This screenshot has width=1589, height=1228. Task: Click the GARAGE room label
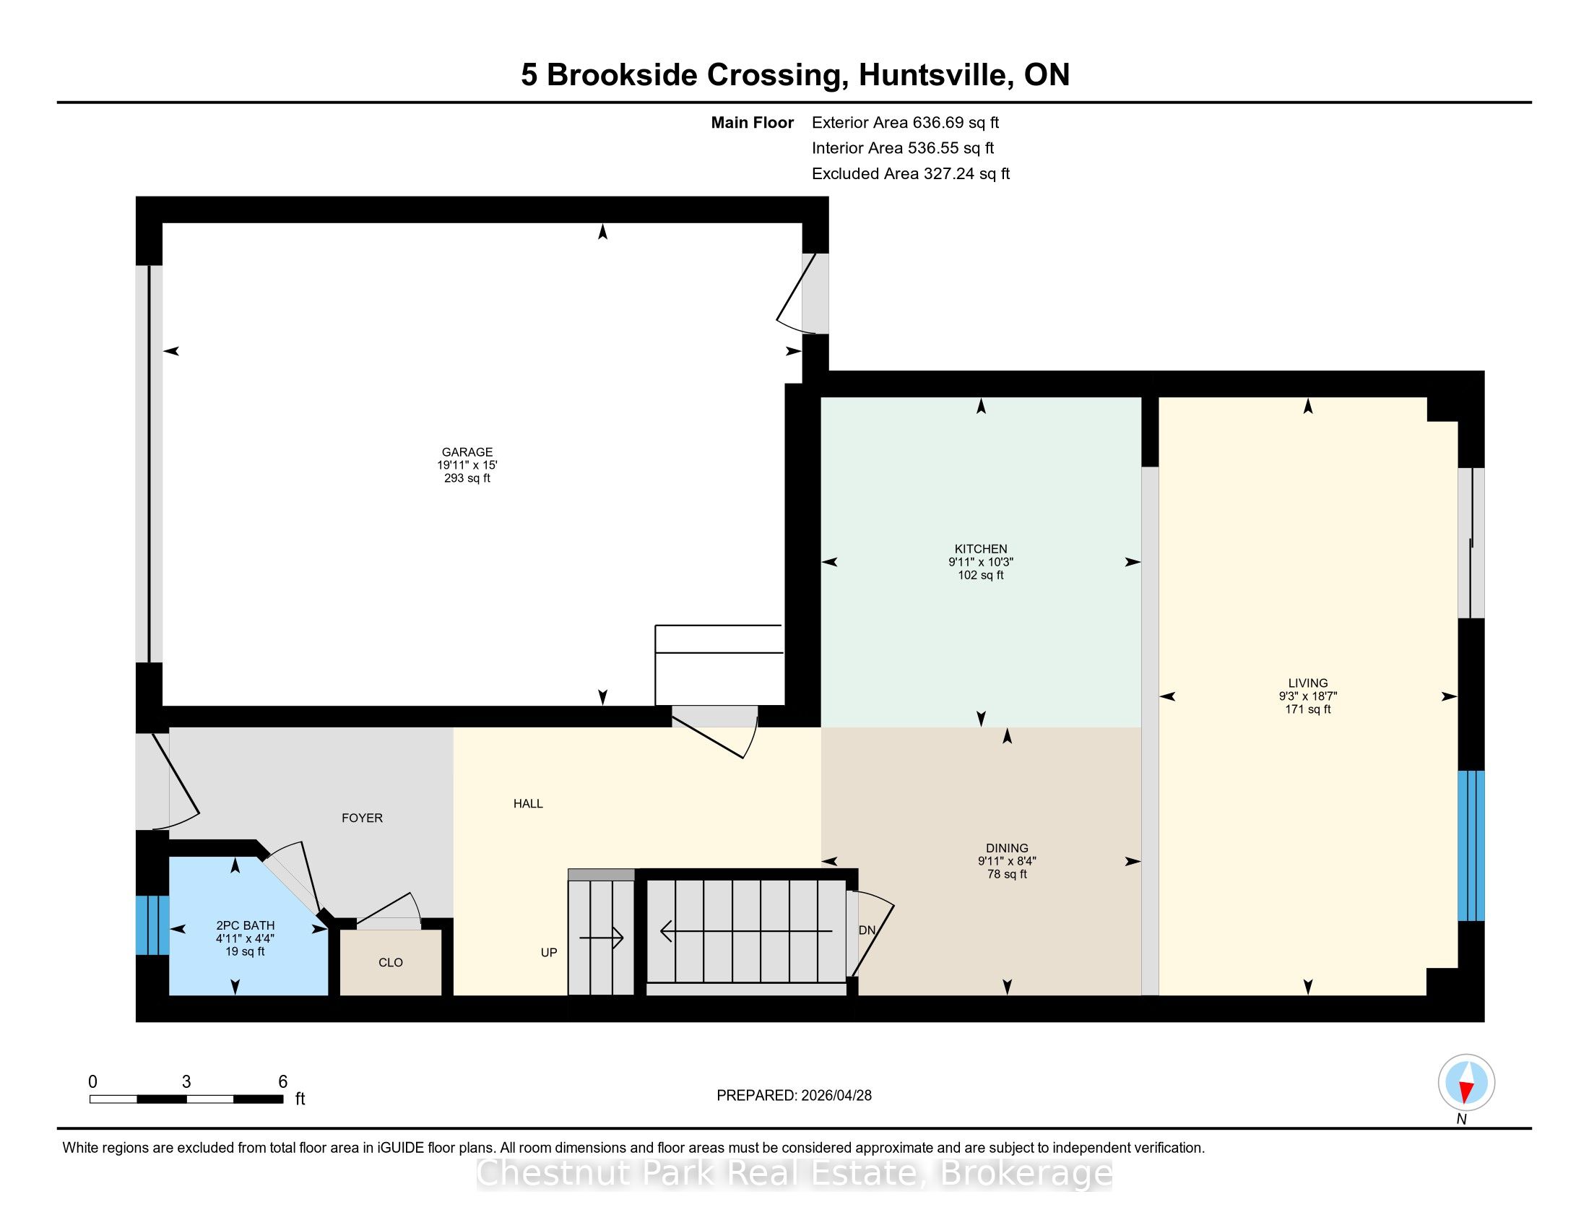pos(467,451)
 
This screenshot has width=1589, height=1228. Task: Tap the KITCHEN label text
pos(981,549)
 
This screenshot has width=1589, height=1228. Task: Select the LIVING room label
pos(1307,683)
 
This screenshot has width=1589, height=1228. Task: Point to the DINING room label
pos(1007,848)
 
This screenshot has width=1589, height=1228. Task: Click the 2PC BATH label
pos(245,925)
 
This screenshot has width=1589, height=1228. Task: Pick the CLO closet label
pos(391,962)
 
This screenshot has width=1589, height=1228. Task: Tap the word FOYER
pos(363,818)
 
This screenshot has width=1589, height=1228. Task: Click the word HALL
pos(528,803)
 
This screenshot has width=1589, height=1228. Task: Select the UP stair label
pos(549,952)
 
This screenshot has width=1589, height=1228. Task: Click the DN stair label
pos(867,930)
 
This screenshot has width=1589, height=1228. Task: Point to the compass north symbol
pos(1466,1083)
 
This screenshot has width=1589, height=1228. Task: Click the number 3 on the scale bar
pos(186,1082)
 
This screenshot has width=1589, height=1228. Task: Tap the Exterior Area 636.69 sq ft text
pos(906,122)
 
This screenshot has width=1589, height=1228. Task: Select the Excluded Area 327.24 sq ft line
pos(911,173)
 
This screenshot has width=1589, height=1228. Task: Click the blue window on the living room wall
pos(1471,845)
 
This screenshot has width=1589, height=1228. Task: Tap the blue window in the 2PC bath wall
pos(153,925)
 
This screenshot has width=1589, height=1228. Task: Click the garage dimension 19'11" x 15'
pos(467,465)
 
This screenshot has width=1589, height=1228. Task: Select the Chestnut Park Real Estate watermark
pos(794,1172)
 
